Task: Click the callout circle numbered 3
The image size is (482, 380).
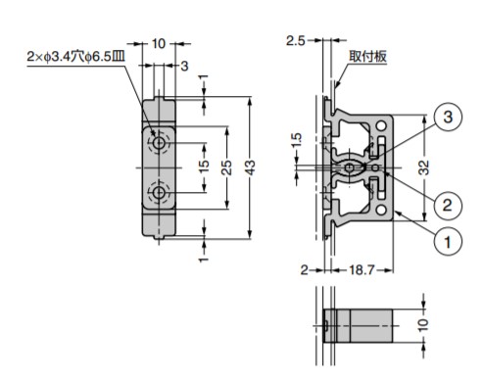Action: [x=448, y=117]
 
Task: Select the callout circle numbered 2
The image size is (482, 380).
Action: [x=447, y=206]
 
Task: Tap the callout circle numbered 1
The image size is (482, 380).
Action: [x=448, y=242]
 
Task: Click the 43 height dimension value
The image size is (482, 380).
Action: [x=250, y=167]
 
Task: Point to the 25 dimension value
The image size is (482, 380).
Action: [x=226, y=167]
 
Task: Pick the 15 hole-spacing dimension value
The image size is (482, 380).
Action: [x=204, y=166]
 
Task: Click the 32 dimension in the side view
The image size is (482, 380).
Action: [x=424, y=167]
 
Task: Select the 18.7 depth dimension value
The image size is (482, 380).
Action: [x=361, y=270]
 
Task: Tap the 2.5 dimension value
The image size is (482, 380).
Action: [x=295, y=41]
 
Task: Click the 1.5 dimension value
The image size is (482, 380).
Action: [x=296, y=141]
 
